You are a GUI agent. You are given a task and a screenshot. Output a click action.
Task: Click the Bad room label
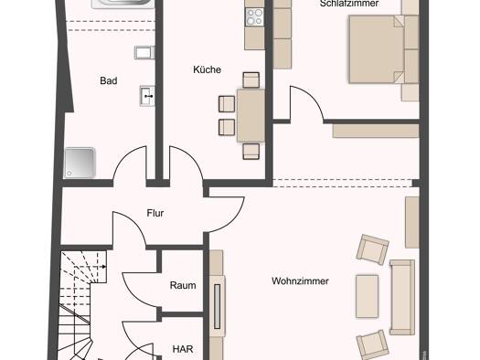pos(109,80)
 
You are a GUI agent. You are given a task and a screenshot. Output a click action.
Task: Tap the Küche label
pos(207,69)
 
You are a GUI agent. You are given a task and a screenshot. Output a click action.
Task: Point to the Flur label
pos(155,213)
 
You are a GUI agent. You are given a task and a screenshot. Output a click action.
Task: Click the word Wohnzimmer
pos(300,281)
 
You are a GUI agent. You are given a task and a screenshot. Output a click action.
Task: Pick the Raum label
pos(183,285)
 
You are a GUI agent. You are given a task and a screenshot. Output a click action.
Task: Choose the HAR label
pos(183,349)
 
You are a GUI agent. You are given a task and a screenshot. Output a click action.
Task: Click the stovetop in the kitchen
pos(254,16)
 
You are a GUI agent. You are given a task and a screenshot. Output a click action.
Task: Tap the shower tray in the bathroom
pos(80,163)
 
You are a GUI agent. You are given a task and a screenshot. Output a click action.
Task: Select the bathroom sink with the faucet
pos(147,96)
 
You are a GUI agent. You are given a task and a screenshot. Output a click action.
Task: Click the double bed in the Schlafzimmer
pos(377,49)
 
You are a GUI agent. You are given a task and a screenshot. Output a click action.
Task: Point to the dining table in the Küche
pos(251,116)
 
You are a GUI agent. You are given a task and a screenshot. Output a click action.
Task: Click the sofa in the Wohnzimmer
pos(402,297)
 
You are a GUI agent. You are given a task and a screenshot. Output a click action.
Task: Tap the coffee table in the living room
pos(367,296)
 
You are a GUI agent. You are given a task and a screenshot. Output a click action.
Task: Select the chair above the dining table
pos(251,80)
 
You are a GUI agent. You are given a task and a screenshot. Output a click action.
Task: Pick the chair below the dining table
pos(251,152)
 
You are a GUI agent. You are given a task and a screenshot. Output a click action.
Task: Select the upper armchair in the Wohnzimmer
pos(372,249)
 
